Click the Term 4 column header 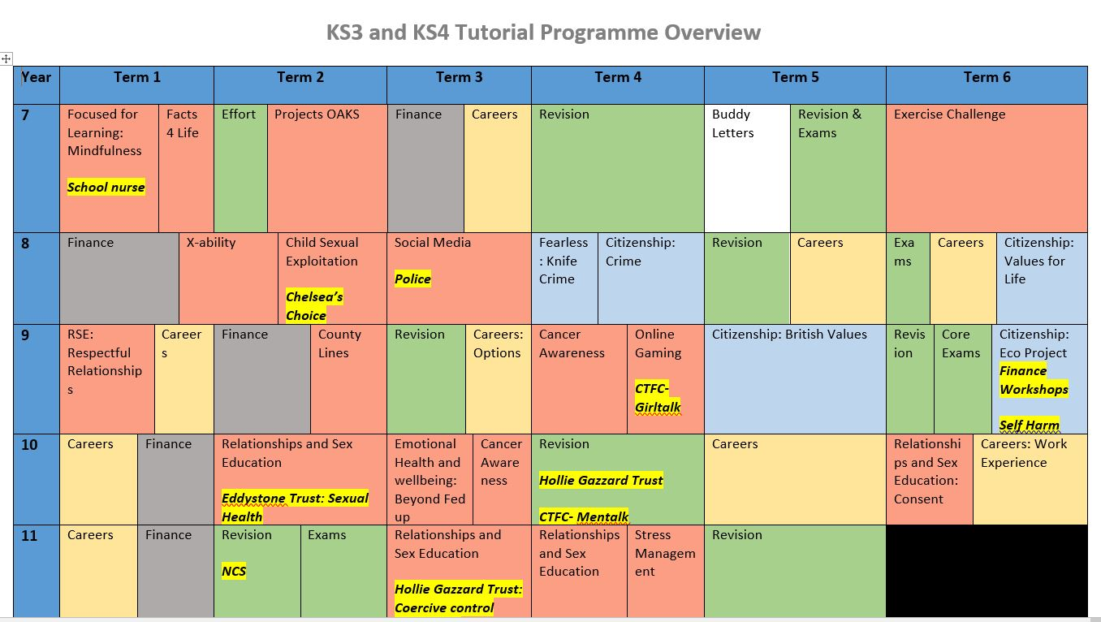point(618,77)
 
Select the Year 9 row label point(25,335)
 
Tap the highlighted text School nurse point(106,187)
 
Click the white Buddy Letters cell point(747,168)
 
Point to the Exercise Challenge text point(950,114)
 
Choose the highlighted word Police point(412,279)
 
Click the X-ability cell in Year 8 point(228,279)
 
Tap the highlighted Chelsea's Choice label point(314,306)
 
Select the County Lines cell point(348,379)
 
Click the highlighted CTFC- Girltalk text point(658,398)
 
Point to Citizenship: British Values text point(789,335)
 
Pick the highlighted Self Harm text point(1030,425)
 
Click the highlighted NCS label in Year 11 point(234,572)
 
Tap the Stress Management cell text point(665,553)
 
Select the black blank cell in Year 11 point(987,571)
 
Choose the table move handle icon point(6,59)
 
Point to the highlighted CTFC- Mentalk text point(584,516)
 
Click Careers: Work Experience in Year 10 point(1024,453)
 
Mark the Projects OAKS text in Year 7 point(317,114)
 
